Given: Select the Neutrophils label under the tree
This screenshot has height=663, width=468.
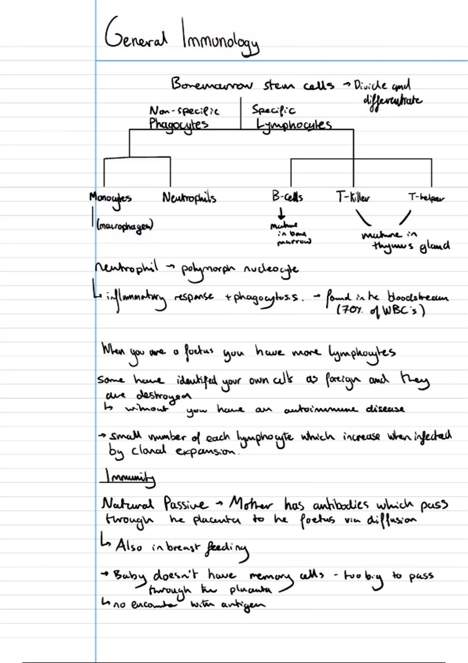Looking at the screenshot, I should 189,198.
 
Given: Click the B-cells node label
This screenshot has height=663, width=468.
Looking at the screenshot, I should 287,196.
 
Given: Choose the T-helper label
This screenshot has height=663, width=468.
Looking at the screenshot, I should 426,198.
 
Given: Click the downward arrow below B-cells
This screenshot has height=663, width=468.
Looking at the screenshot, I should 281,213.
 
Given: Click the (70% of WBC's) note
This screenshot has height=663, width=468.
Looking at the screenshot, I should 381,311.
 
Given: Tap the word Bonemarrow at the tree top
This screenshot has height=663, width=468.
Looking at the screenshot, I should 212,85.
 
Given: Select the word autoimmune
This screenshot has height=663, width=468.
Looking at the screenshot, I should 321,409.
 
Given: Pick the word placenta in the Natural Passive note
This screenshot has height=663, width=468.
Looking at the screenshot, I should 217,520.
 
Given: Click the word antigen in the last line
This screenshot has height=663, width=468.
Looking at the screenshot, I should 243,605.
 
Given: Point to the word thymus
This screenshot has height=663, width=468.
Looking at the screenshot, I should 392,246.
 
